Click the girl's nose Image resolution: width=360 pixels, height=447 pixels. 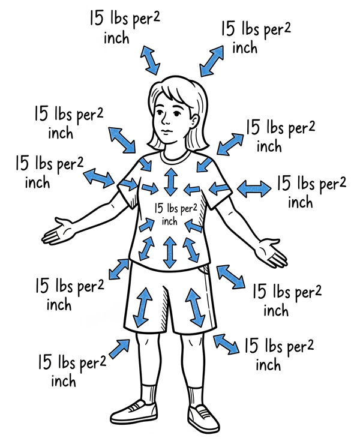[166, 121]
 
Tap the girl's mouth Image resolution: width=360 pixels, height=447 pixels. [166, 131]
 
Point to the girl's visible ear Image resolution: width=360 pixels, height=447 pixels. [195, 121]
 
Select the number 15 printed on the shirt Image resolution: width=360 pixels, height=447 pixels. [159, 208]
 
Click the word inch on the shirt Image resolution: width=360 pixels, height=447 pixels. [170, 221]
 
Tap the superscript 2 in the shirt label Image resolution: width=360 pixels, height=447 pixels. [194, 206]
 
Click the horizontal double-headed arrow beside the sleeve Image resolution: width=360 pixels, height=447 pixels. [254, 189]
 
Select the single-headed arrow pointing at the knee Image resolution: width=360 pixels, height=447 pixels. [119, 349]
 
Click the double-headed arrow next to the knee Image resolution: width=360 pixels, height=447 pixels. [226, 344]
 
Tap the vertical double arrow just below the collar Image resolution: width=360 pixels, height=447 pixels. [170, 182]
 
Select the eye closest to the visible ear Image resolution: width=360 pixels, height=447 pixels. [177, 114]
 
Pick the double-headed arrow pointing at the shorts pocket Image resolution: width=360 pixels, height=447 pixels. [230, 277]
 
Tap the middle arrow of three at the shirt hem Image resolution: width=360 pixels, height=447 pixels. [170, 252]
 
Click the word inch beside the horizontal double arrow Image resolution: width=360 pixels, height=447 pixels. [300, 202]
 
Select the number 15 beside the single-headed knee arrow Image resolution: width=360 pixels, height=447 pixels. [45, 362]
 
